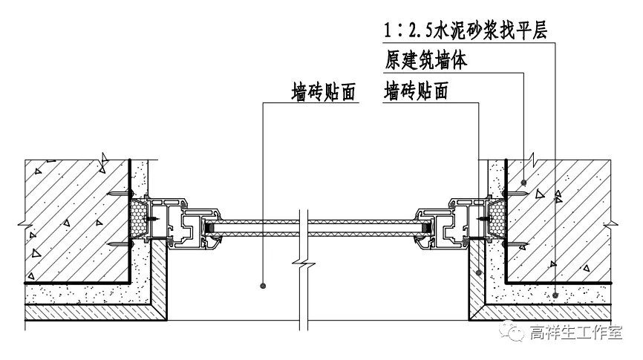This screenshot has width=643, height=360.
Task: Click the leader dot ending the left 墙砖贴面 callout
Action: tap(264, 284)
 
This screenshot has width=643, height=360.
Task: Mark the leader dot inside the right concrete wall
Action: tap(524, 181)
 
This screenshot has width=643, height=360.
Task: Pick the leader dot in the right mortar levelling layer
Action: tap(555, 294)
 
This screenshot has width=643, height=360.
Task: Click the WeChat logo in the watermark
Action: tap(514, 334)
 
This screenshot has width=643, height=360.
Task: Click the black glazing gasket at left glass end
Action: tap(211, 225)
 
